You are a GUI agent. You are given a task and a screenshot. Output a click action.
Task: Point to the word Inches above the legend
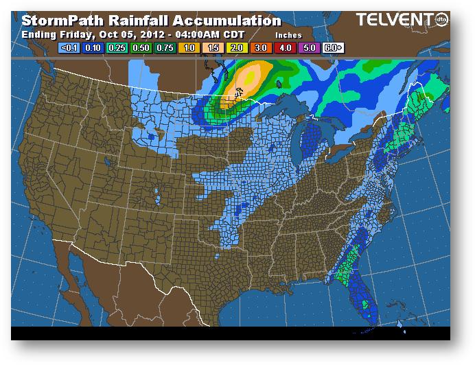tap(288, 35)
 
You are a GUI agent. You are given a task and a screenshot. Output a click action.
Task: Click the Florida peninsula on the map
tap(368, 295)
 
